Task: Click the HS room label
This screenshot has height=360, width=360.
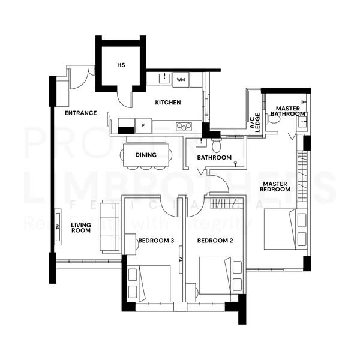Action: (121, 64)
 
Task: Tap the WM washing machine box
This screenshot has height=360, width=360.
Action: (181, 79)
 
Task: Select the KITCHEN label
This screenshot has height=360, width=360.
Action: (168, 103)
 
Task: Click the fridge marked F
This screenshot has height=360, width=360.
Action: (143, 125)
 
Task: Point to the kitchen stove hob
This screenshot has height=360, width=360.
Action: (184, 126)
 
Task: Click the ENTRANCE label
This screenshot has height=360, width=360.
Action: (80, 113)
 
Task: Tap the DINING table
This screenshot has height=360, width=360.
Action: (146, 155)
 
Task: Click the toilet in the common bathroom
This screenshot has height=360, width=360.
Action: (217, 145)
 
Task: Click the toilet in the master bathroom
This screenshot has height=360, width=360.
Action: (274, 118)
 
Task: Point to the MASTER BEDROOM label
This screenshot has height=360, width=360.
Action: (275, 187)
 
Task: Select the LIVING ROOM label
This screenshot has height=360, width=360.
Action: (80, 227)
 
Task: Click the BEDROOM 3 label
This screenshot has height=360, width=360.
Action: (156, 241)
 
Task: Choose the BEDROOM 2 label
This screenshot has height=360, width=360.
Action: (215, 241)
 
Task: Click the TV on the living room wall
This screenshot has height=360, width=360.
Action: (58, 226)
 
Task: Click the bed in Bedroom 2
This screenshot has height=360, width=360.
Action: (214, 275)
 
